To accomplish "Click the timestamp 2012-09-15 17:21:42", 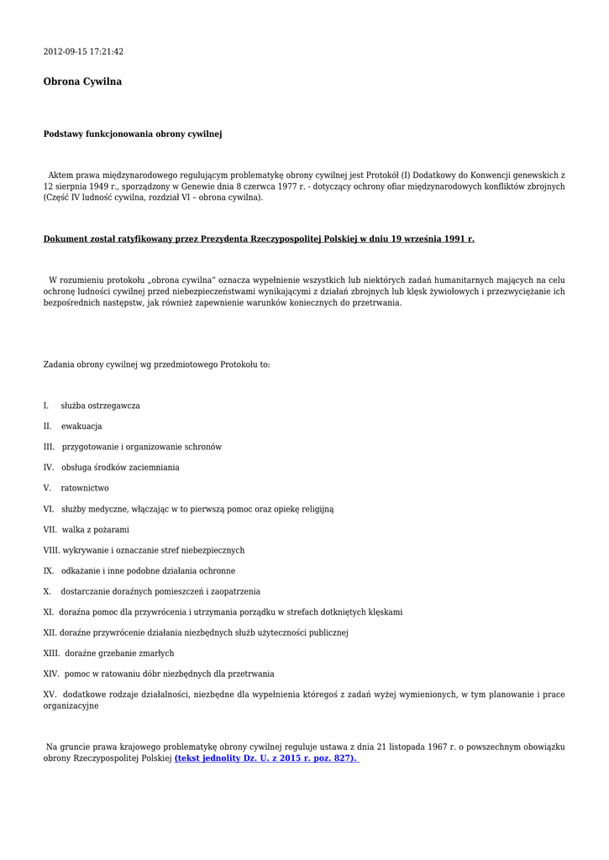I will point(83,52).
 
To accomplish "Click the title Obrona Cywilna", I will point(82,81).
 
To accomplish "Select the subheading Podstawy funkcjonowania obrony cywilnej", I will point(133,134).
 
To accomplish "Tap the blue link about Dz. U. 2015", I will point(265,758).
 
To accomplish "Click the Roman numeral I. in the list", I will point(46,406).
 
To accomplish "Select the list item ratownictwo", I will point(85,488).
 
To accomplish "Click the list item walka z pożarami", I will point(96,530).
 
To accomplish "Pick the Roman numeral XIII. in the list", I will point(51,653).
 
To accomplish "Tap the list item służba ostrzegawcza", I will point(100,406).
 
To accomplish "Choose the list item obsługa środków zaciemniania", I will point(120,468).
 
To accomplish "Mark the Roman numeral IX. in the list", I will point(49,571).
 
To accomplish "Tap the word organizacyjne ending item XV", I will point(71,706).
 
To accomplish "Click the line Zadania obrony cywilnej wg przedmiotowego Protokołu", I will point(156,365).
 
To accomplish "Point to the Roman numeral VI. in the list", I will point(49,509).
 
